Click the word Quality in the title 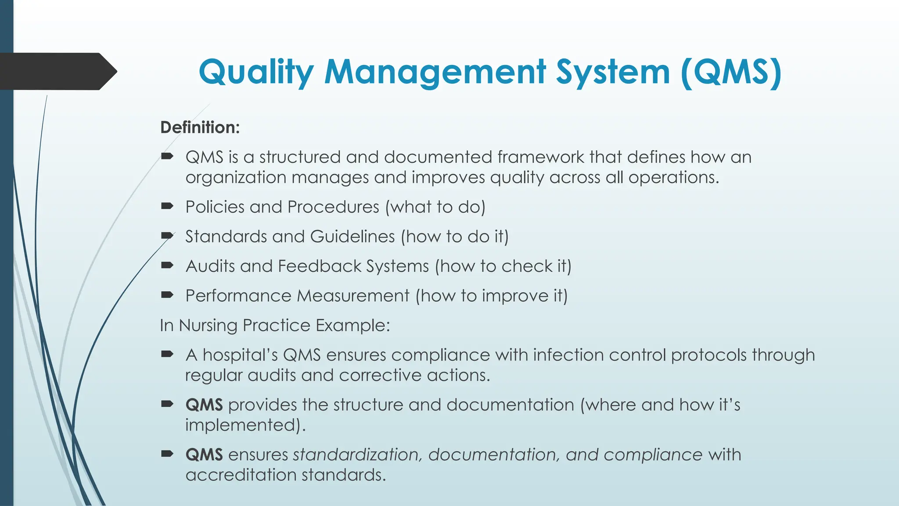click(x=256, y=72)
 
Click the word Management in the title click(x=435, y=72)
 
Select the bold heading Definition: click(x=200, y=127)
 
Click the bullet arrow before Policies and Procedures click(x=167, y=206)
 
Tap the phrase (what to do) click(x=435, y=207)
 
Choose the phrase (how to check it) click(x=503, y=266)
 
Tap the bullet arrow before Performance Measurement click(x=167, y=295)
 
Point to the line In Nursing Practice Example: click(x=275, y=325)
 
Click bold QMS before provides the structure click(x=204, y=405)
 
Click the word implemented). click(x=245, y=425)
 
